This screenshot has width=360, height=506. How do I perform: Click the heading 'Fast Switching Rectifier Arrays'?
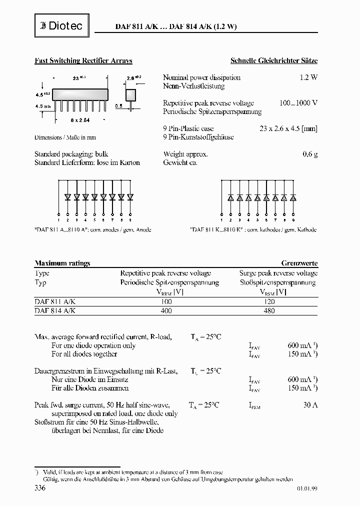click(x=83, y=60)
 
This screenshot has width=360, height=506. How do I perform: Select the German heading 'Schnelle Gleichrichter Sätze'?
click(x=273, y=60)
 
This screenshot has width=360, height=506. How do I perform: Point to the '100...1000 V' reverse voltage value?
click(x=298, y=103)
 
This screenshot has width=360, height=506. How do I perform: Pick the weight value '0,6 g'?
click(x=310, y=154)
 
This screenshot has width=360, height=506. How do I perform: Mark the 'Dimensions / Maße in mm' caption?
click(x=65, y=136)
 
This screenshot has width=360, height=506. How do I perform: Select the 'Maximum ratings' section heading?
click(x=62, y=263)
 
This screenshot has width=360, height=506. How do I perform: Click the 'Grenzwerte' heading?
click(x=299, y=263)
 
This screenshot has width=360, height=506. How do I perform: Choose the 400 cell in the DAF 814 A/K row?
click(x=166, y=310)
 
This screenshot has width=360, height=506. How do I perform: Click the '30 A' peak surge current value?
click(x=310, y=405)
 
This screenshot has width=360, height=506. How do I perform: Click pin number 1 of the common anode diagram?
click(x=59, y=220)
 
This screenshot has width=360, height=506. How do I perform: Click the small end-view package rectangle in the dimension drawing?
click(x=131, y=94)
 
